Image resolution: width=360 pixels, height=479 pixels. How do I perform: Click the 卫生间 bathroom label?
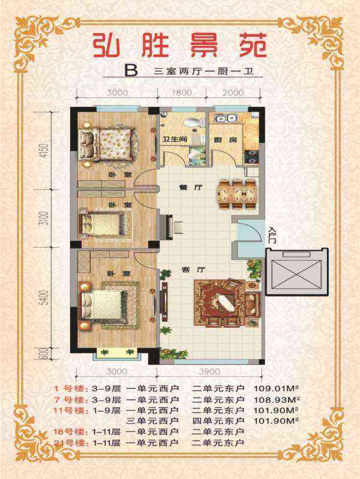[174, 139]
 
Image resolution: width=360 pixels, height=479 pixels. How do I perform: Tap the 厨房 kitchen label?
[225, 140]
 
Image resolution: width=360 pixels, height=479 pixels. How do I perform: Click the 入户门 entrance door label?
[272, 235]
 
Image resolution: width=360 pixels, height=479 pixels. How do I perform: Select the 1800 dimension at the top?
[182, 92]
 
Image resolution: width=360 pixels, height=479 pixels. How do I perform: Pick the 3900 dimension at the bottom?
[210, 372]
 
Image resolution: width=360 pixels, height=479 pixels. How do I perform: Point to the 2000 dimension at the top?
[233, 92]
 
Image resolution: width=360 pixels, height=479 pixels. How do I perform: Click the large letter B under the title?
[131, 71]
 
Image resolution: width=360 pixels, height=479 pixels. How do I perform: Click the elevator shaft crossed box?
[296, 272]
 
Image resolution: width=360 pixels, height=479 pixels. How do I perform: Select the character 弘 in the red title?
[105, 45]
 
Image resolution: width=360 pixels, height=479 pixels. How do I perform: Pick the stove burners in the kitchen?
[251, 157]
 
